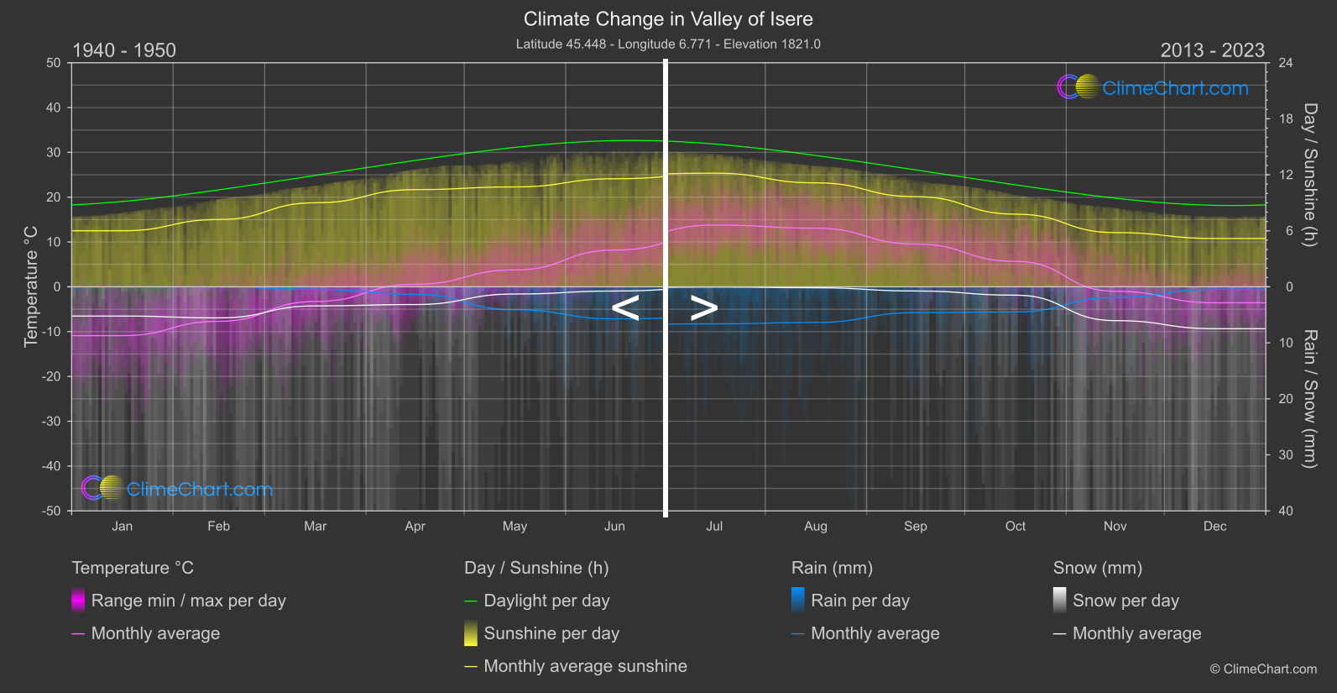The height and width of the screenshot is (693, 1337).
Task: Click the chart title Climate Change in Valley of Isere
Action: point(668,18)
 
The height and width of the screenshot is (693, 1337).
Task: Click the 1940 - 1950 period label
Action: point(124,50)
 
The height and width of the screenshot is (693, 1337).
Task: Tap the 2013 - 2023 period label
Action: point(1212,50)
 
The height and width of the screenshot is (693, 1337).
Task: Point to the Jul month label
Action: point(714,526)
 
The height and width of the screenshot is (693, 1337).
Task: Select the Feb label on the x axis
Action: point(218,526)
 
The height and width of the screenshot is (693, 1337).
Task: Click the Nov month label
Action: point(1115,526)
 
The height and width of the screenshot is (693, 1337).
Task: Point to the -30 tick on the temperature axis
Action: point(52,421)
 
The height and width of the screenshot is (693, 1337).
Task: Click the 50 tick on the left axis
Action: point(54,63)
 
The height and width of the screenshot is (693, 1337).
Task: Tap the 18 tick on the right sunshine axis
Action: point(1286,118)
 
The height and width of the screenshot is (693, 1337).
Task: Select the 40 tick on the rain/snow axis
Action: point(1286,511)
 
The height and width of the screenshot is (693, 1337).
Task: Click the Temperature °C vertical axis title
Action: point(31,286)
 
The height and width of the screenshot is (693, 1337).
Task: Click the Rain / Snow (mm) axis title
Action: point(1309,398)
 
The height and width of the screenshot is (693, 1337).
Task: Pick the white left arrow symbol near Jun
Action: point(625,308)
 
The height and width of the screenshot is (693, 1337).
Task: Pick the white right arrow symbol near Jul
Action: point(704,308)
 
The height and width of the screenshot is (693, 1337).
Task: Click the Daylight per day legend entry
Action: point(546,601)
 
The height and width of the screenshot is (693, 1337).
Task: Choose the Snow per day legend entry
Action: point(1125,601)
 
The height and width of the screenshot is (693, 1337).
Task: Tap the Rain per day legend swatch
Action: point(798,600)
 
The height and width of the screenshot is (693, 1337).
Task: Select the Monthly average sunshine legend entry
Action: point(585,666)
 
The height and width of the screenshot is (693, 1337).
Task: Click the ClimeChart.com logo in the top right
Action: point(1153,87)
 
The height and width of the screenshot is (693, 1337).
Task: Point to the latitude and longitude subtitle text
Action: point(668,44)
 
